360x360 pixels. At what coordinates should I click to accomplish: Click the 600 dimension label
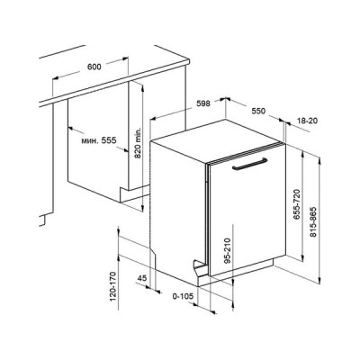pos(94,67)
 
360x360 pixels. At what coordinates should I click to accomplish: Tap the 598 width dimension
pos(203,103)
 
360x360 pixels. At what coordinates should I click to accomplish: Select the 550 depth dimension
pos(258,111)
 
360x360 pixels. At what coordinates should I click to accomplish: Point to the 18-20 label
pos(307,121)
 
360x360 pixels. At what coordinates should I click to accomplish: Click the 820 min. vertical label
pos(138,142)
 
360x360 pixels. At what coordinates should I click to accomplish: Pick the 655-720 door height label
pos(297,204)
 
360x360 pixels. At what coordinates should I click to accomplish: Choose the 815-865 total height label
pos(313,222)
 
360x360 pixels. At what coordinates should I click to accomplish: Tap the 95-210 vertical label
pos(228,251)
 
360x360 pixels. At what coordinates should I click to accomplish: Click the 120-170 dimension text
pos(112,286)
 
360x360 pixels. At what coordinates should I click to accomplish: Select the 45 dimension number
pos(142,278)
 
